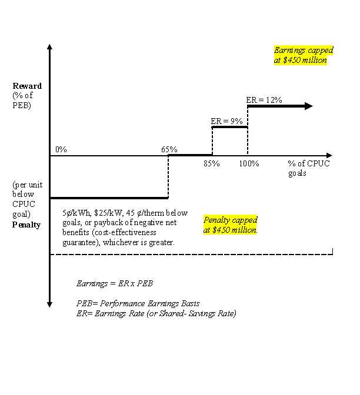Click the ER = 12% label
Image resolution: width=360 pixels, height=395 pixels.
click(x=264, y=100)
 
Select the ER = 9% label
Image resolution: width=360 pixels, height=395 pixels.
click(x=226, y=121)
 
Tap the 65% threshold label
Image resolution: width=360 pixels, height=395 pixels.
click(x=169, y=149)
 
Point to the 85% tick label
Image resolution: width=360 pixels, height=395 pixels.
click(x=212, y=163)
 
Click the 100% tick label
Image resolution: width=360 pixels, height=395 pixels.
click(x=249, y=163)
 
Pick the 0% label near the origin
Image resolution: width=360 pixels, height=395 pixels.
click(x=61, y=149)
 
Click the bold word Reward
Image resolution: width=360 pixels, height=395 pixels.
click(x=27, y=86)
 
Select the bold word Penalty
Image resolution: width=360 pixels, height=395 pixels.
click(x=26, y=225)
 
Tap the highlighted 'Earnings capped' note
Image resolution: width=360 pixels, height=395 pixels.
click(x=304, y=55)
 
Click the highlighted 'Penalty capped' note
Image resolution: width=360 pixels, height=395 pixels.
click(x=231, y=225)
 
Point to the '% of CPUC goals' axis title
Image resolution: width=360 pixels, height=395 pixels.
click(x=309, y=168)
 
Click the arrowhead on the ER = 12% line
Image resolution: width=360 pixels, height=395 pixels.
click(x=309, y=106)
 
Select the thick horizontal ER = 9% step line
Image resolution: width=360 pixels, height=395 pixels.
click(x=230, y=127)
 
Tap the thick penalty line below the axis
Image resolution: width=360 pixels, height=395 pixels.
click(x=109, y=198)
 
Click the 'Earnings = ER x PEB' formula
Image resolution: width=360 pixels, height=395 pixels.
click(x=115, y=284)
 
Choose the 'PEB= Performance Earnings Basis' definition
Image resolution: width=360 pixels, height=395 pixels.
click(x=138, y=303)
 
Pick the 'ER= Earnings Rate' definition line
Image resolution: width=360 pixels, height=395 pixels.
click(x=156, y=314)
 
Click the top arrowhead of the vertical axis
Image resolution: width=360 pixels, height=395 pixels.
click(x=49, y=47)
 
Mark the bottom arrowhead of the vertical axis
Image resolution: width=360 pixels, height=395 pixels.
click(x=49, y=304)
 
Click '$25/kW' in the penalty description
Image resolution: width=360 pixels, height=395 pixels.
click(x=109, y=213)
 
